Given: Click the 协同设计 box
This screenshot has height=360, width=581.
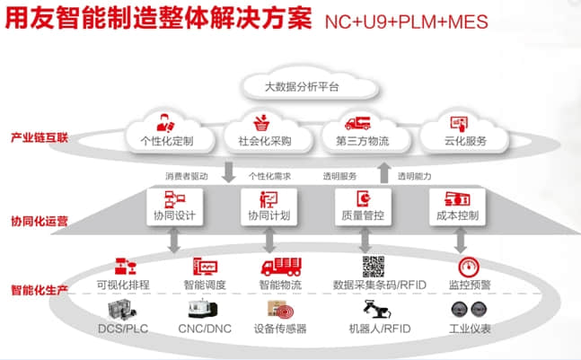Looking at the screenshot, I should click(x=172, y=207).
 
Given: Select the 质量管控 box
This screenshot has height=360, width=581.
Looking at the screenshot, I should click(x=363, y=207).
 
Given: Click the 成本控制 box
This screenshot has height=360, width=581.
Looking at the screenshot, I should click(x=458, y=207).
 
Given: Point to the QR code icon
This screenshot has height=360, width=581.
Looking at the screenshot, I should click(x=374, y=267).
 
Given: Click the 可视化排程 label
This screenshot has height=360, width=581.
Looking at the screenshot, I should click(x=123, y=285).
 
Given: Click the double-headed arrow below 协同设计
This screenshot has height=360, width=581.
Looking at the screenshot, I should click(x=172, y=240).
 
